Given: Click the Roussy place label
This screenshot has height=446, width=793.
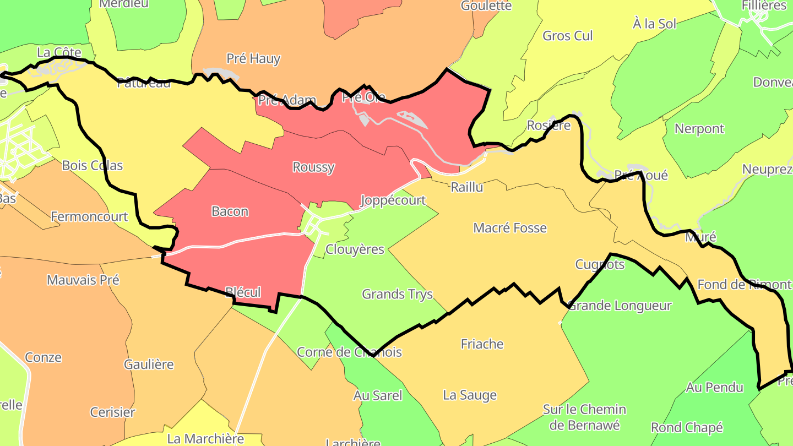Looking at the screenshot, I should [313, 167].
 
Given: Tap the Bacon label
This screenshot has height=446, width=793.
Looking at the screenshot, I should [230, 211].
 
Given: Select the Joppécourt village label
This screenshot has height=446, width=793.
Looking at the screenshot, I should [393, 200].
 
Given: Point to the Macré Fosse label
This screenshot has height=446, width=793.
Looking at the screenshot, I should [510, 228].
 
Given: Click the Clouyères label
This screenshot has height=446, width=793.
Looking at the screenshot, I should [355, 249].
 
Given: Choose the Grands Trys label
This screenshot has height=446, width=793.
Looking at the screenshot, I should [397, 294].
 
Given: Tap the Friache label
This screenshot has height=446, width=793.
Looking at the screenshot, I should [482, 344].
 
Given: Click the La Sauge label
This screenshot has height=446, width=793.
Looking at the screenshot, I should [470, 395].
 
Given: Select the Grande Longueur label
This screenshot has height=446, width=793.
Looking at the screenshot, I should [620, 306].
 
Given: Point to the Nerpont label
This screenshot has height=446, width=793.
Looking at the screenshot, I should [699, 129].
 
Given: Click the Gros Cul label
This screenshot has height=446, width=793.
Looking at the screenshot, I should [568, 36].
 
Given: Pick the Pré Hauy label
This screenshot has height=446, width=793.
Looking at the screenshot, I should [253, 58].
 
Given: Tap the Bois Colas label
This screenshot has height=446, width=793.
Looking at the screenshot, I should [93, 166].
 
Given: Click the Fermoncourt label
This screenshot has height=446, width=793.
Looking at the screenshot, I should [89, 217].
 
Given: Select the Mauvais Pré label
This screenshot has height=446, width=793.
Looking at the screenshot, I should [83, 280].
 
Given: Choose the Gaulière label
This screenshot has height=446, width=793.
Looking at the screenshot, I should [149, 365].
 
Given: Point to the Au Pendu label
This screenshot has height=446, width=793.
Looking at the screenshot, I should [714, 388].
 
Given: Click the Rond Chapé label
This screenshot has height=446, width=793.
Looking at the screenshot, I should [687, 428].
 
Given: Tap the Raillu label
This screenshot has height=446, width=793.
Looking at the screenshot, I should [466, 187].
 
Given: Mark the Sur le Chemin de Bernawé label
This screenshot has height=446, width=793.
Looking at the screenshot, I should [584, 417].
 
